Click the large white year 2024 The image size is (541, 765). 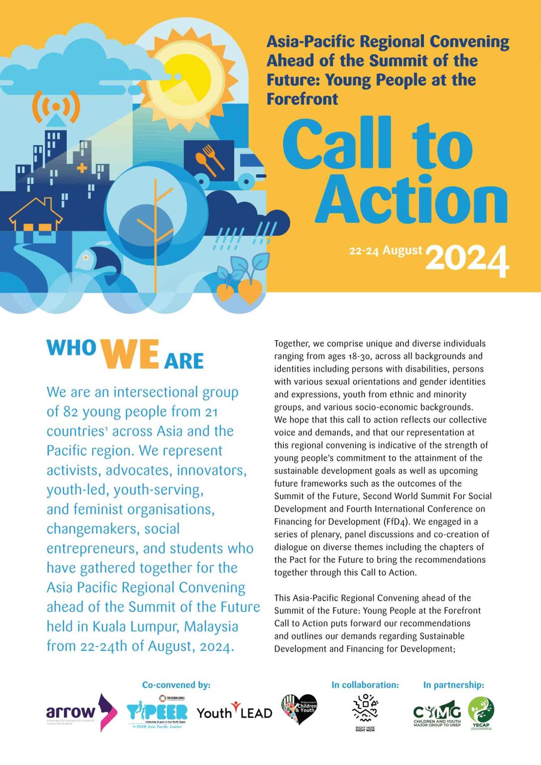click(467, 260)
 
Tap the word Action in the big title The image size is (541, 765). click(411, 200)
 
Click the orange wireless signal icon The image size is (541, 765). click(56, 107)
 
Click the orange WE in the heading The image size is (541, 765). click(130, 355)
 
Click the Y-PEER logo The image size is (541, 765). click(157, 713)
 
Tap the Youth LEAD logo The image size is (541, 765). click(234, 713)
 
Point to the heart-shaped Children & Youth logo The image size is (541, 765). click(299, 709)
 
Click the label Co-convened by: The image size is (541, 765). click(176, 685)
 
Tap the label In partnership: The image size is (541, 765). click(453, 685)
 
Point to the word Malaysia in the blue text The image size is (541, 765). click(211, 627)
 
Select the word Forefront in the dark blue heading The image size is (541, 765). click(302, 99)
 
